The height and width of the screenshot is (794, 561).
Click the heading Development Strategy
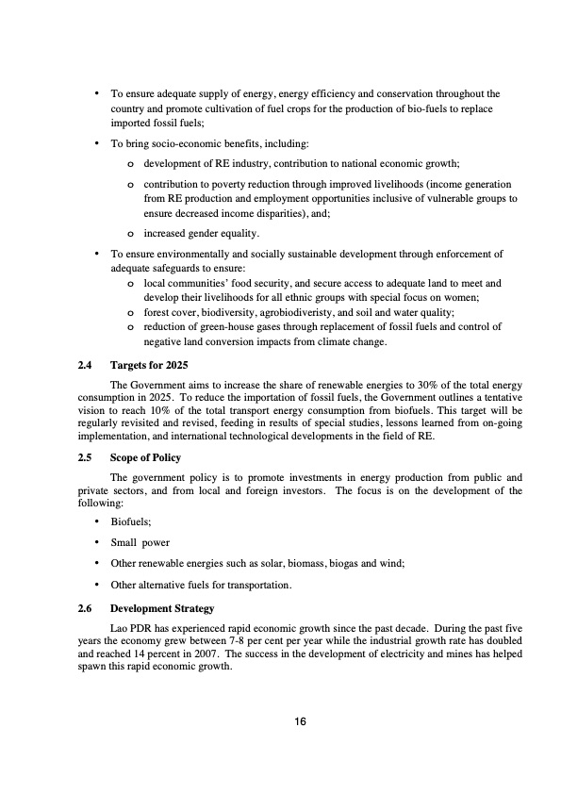(162, 608)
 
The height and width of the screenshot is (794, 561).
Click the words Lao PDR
(131, 625)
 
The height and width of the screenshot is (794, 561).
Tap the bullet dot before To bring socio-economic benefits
(97, 142)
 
